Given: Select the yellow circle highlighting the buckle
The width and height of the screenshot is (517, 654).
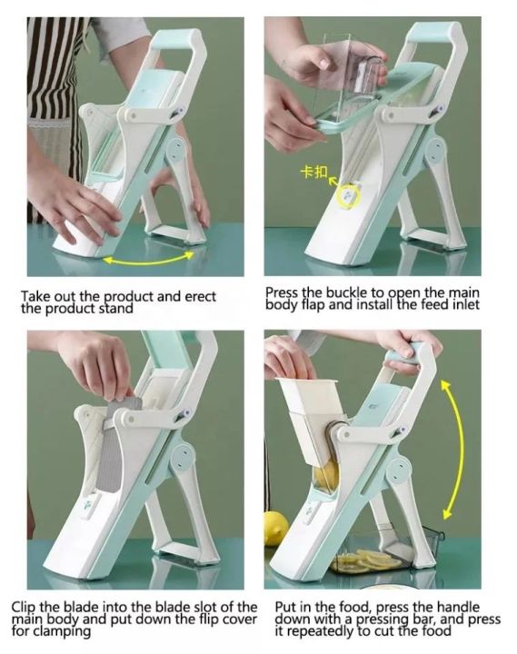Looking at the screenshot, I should pyautogui.click(x=347, y=193).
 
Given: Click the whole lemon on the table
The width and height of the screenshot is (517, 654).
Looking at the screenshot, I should pyautogui.click(x=276, y=528).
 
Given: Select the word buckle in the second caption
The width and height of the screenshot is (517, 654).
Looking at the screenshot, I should pyautogui.click(x=337, y=292).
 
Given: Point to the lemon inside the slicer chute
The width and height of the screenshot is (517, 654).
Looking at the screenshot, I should pyautogui.click(x=326, y=474).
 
